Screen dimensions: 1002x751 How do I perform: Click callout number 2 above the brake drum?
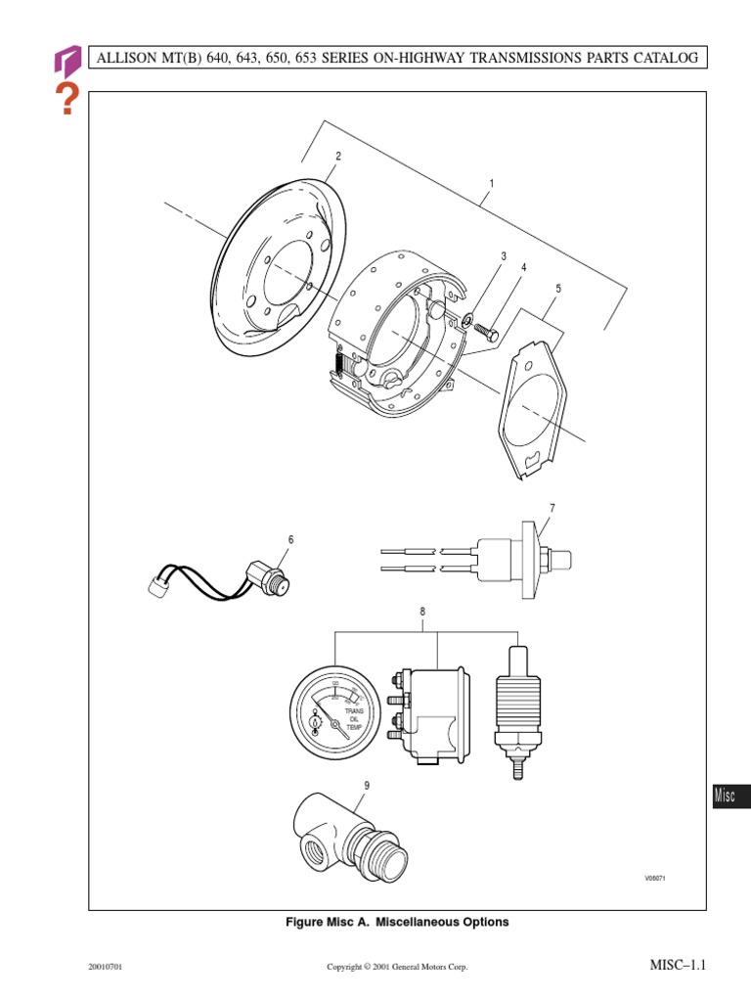coord(338,157)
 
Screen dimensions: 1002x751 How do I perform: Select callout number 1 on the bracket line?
coord(491,184)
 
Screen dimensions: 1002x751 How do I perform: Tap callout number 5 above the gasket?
coord(558,289)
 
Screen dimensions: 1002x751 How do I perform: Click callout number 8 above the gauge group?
coord(422,612)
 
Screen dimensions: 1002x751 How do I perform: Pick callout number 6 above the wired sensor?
coord(289,539)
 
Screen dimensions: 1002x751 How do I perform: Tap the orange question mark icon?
coord(66,99)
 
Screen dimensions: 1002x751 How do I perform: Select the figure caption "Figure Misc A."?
coord(328,922)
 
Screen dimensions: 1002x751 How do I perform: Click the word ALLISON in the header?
coord(128,59)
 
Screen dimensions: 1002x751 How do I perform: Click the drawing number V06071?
coord(653,878)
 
